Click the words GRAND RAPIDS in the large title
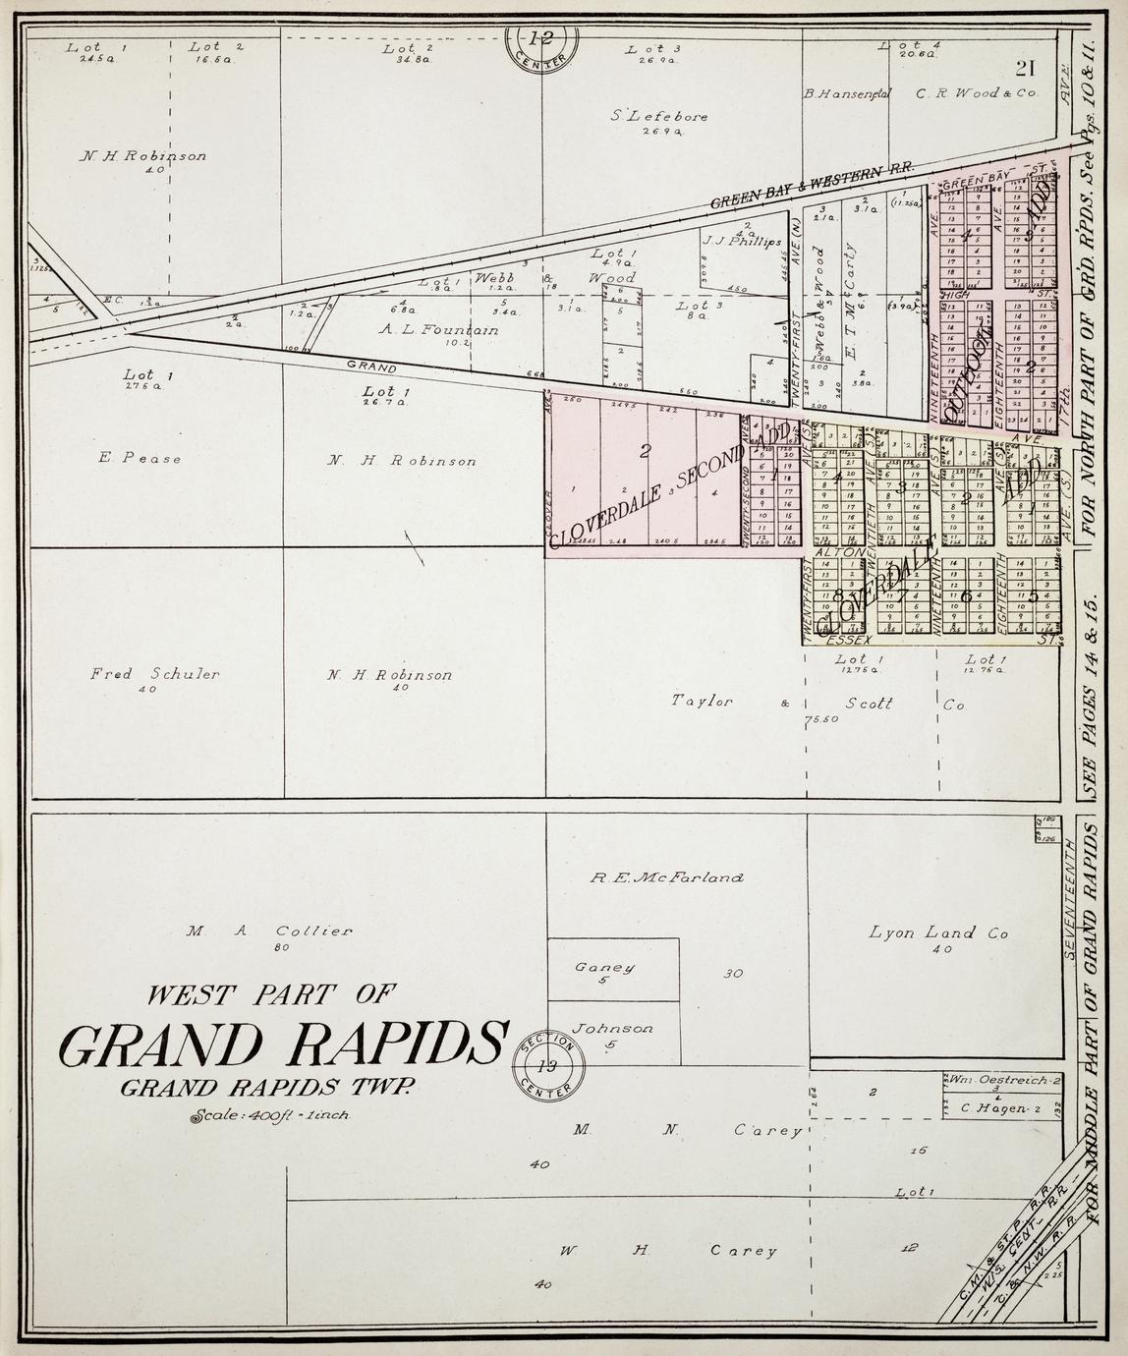point(284,1045)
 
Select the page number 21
point(1027,68)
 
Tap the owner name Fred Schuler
point(154,674)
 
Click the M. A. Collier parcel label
point(267,932)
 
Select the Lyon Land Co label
point(938,933)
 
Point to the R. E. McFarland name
point(666,877)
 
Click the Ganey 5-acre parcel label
point(603,967)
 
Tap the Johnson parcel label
point(612,1029)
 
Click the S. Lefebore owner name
point(658,116)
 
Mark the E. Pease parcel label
point(140,458)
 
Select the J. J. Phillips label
point(741,241)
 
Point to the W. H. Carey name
point(668,1251)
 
